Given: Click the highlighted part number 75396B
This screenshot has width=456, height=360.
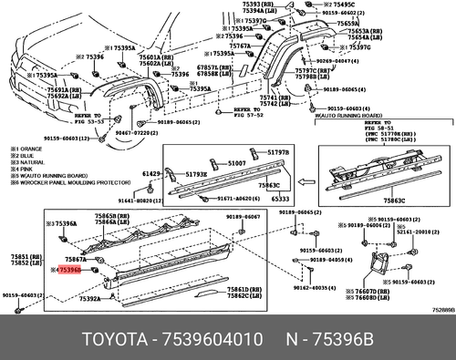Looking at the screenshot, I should pos(69,271).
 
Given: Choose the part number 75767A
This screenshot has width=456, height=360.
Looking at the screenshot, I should pos(240,46).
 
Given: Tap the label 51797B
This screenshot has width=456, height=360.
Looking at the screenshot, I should pos(278,152).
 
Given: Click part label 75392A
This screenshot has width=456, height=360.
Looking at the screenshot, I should pos(90,299).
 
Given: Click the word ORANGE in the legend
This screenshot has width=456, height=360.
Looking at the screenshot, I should pos(34,149).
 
